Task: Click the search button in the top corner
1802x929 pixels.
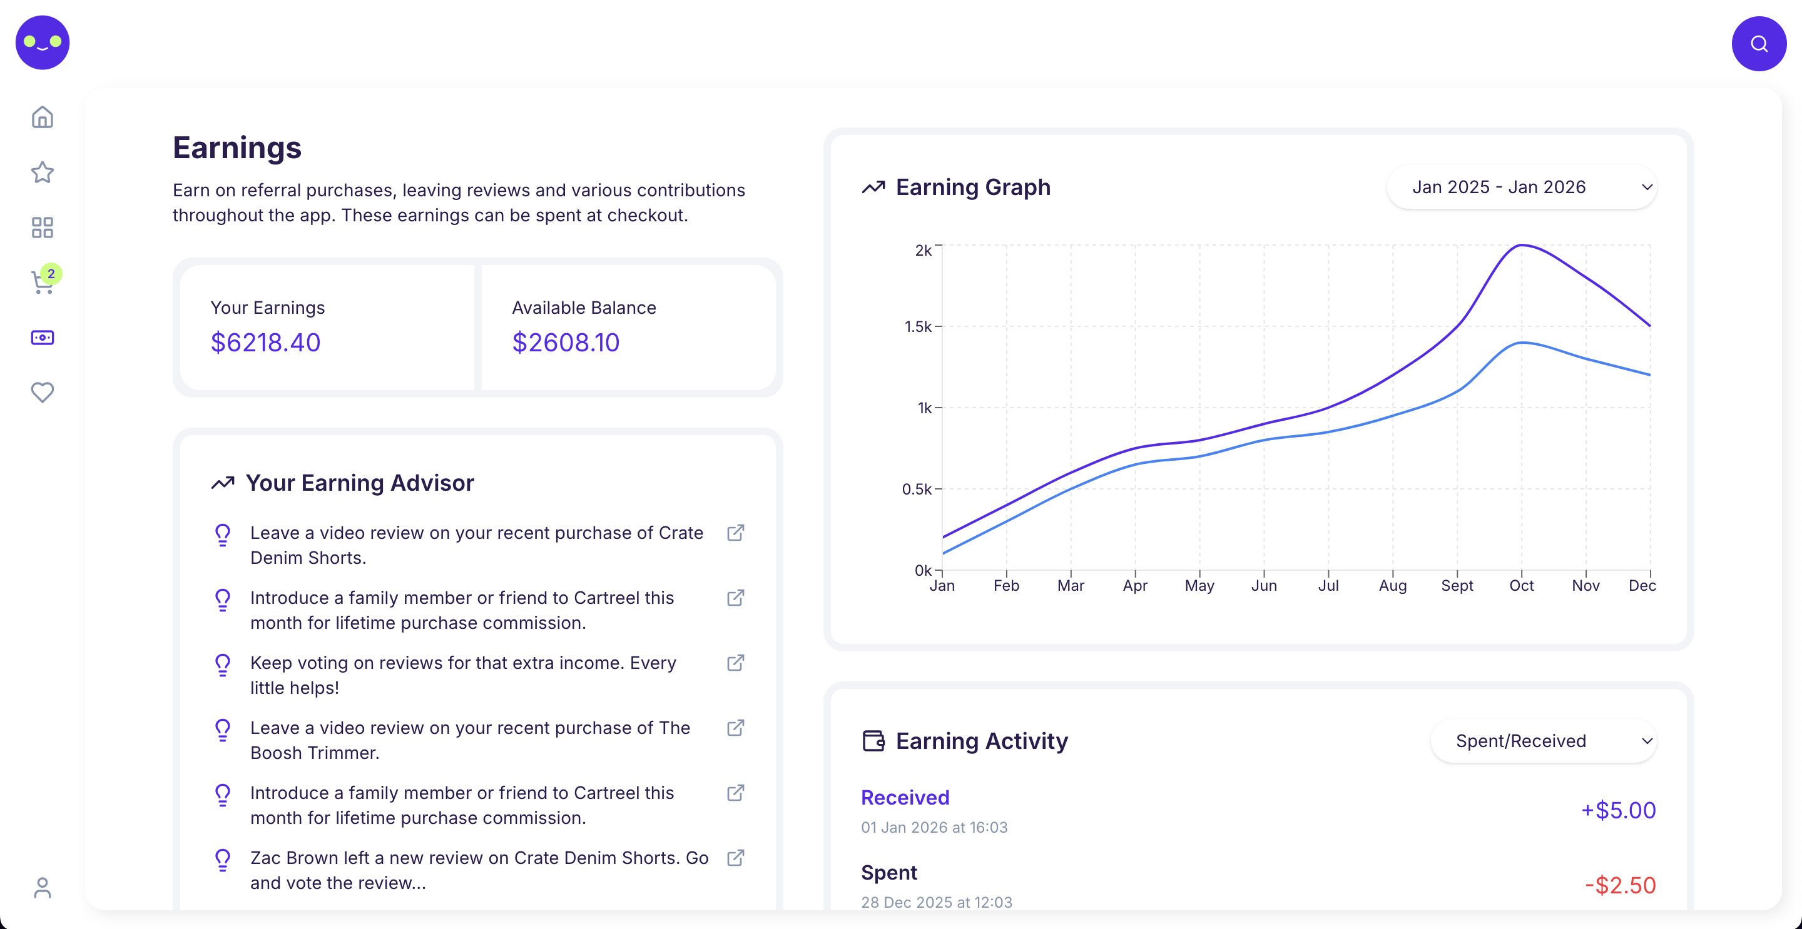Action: point(1758,44)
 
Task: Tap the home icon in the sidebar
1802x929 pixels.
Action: point(43,117)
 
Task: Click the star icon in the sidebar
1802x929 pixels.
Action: point(43,172)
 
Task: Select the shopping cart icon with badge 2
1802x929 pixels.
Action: point(43,283)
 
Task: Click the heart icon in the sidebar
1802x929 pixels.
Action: point(43,392)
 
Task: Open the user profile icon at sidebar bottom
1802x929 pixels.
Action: point(43,888)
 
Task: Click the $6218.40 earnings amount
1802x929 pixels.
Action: point(265,343)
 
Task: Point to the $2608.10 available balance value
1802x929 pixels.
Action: point(565,343)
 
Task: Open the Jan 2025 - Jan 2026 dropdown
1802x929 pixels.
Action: point(1521,188)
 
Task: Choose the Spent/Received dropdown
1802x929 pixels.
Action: point(1543,741)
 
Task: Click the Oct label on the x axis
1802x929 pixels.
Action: point(1521,586)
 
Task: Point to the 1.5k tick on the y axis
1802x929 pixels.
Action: point(918,326)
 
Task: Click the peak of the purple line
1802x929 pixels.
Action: point(1521,245)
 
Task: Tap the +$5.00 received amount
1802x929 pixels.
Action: point(1618,810)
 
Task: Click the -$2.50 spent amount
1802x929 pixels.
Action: point(1619,885)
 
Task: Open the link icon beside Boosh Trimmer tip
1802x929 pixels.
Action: point(735,728)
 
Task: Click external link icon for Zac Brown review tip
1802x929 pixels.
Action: point(735,858)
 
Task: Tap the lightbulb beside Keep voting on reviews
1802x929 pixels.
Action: point(223,664)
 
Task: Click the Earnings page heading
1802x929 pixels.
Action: point(237,148)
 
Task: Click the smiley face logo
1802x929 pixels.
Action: point(43,43)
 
